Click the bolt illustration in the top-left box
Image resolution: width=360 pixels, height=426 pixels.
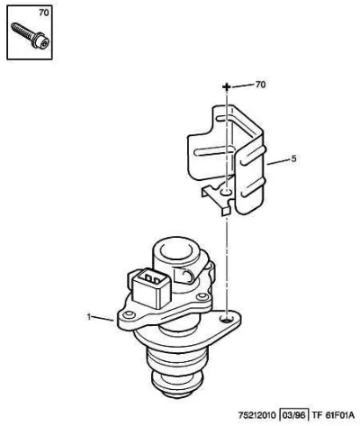pyautogui.click(x=30, y=35)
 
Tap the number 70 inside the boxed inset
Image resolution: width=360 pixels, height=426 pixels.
pyautogui.click(x=44, y=13)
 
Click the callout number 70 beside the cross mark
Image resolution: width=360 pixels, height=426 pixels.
pyautogui.click(x=260, y=85)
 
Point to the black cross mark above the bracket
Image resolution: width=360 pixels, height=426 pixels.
pyautogui.click(x=227, y=87)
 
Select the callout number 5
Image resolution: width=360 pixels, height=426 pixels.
pyautogui.click(x=293, y=159)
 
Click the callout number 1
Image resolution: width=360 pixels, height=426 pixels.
pyautogui.click(x=89, y=317)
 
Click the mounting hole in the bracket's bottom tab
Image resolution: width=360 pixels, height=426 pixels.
pyautogui.click(x=226, y=192)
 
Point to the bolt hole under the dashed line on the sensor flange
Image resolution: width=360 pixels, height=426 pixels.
pyautogui.click(x=227, y=319)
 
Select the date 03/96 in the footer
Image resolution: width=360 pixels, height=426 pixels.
pyautogui.click(x=294, y=415)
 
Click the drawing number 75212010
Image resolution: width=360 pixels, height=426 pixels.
pyautogui.click(x=257, y=415)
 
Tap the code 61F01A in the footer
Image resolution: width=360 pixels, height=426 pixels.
pyautogui.click(x=339, y=415)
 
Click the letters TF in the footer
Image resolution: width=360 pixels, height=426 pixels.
pyautogui.click(x=316, y=415)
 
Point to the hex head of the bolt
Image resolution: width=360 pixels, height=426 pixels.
pyautogui.click(x=40, y=41)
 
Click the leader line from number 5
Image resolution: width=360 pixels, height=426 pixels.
pyautogui.click(x=278, y=161)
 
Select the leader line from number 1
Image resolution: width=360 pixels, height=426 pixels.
pyautogui.click(x=103, y=319)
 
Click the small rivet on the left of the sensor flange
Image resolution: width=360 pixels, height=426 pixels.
pyautogui.click(x=130, y=314)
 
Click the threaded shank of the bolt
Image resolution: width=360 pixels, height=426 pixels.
pyautogui.click(x=22, y=32)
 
